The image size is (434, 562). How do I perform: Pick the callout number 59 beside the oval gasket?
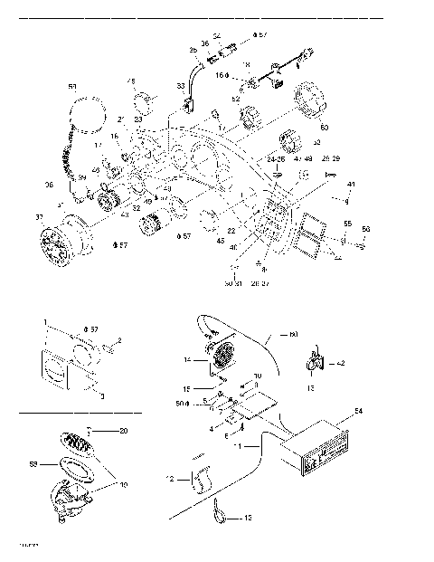pos(35,463)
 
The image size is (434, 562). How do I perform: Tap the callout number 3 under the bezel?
pos(102,395)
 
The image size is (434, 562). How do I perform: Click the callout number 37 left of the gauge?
pos(38,217)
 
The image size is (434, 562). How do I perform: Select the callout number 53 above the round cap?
pos(72,86)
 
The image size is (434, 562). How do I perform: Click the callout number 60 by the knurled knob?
pos(325,128)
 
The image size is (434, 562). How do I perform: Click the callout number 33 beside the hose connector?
pos(180,86)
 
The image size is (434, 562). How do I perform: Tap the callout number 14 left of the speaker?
pos(187,360)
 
